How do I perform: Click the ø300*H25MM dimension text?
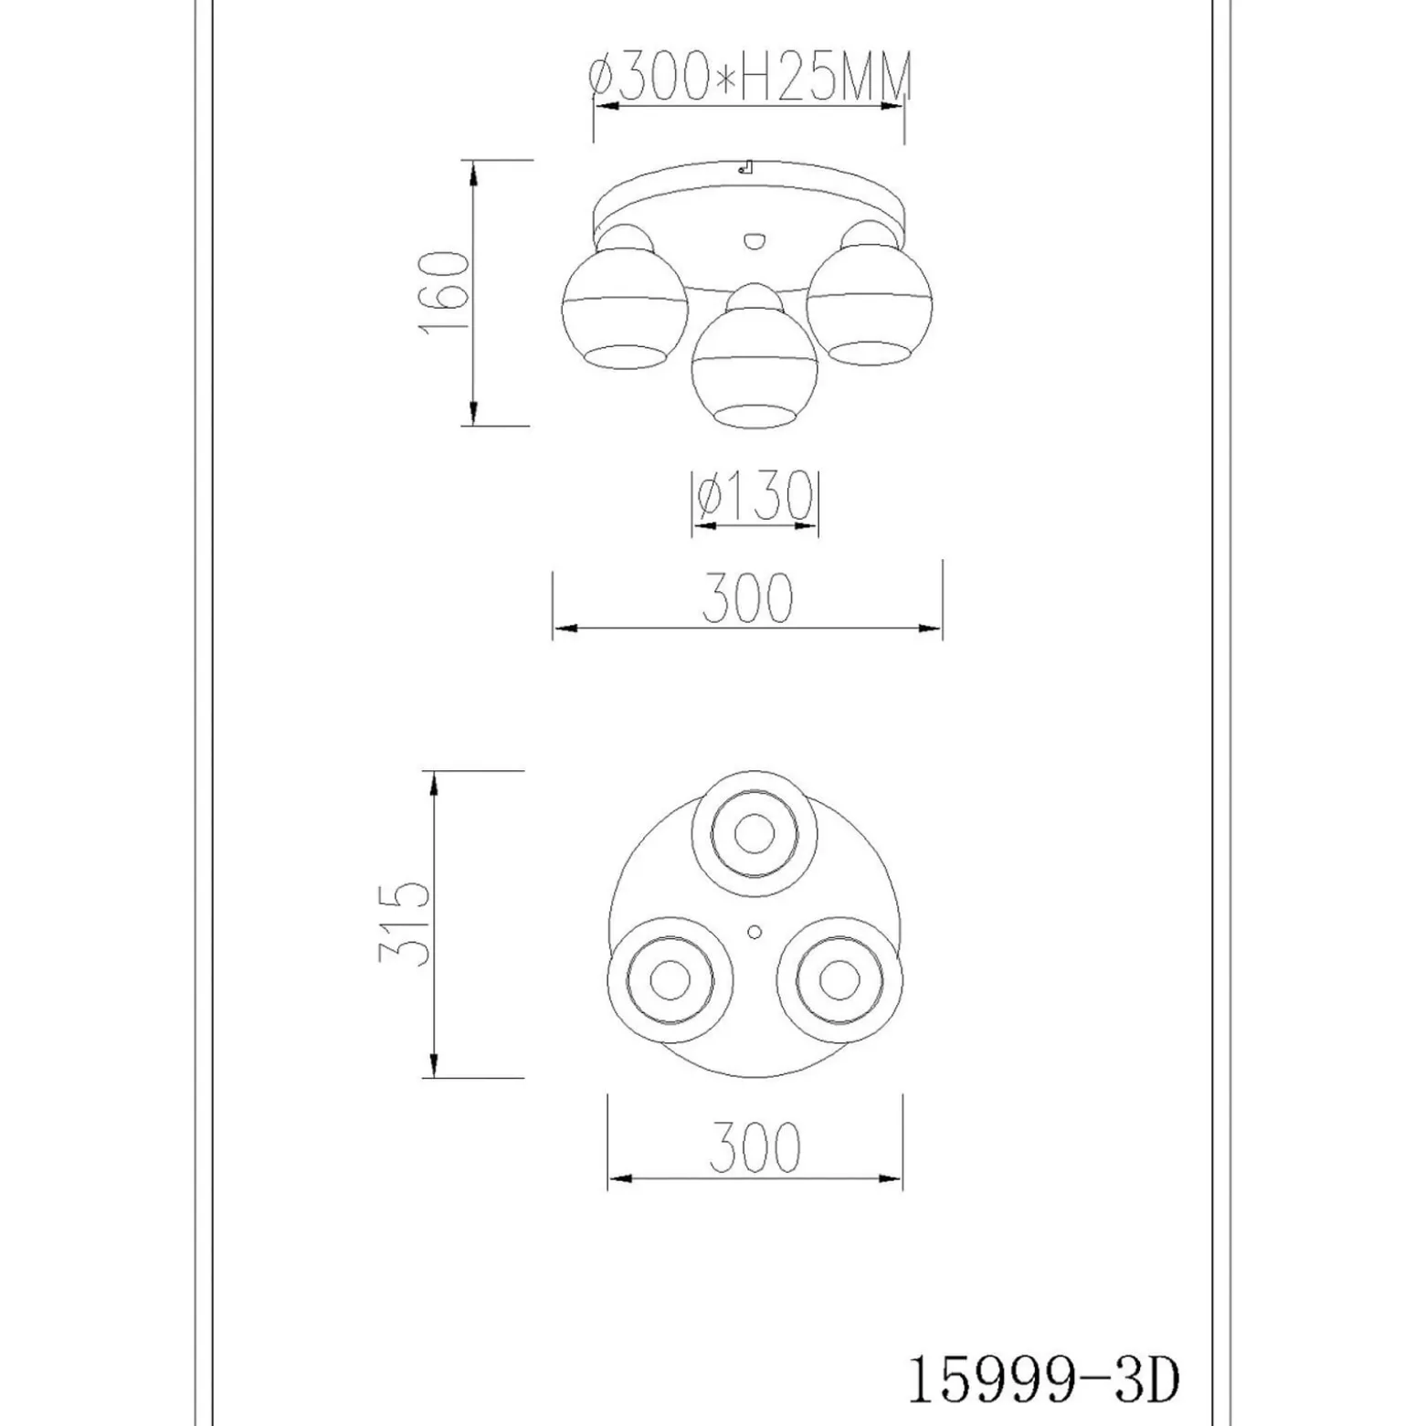(x=749, y=77)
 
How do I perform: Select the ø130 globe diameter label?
(x=755, y=497)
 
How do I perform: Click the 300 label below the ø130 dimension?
(x=747, y=599)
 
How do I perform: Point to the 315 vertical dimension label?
(x=404, y=924)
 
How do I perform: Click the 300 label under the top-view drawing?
(x=755, y=1147)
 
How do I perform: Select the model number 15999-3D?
(x=1042, y=1380)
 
